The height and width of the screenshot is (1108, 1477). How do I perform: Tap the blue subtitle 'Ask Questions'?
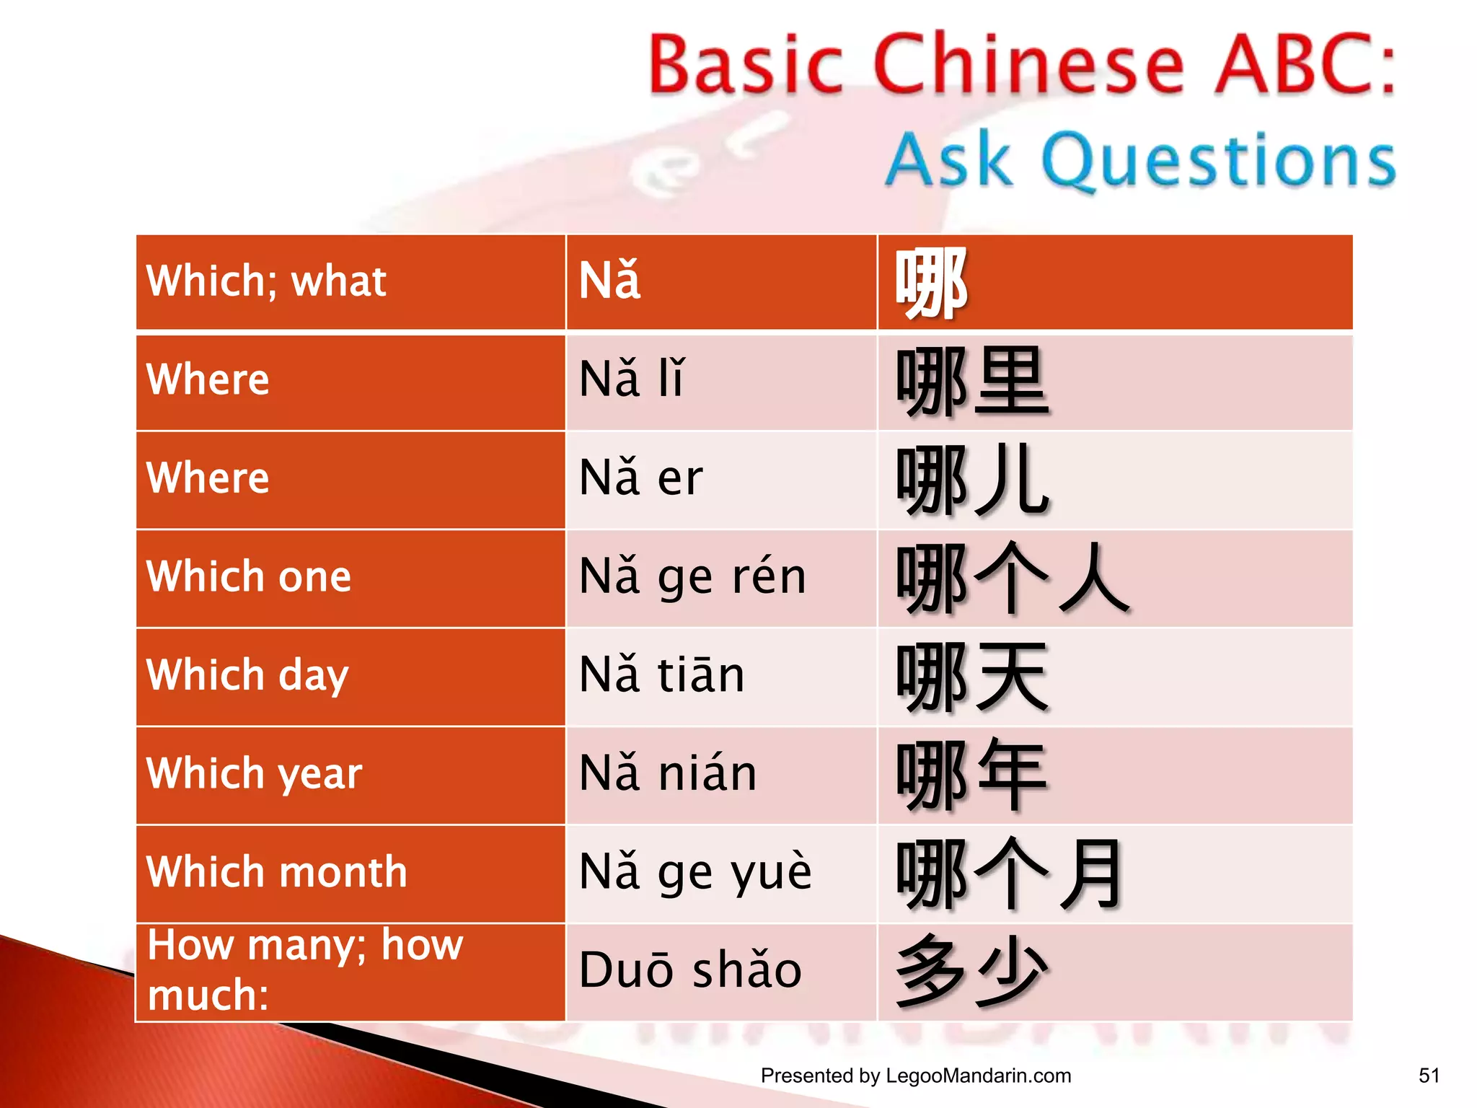1141,160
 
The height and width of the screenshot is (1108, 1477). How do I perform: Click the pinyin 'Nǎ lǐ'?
631,379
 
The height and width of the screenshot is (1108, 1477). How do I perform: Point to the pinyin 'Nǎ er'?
640,478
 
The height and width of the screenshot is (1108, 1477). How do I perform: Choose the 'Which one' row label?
249,576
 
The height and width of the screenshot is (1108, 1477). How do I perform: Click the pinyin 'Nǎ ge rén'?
692,577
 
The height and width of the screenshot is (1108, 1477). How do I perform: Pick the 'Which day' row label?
247,675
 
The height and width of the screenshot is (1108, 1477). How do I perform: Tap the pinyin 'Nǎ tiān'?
661,675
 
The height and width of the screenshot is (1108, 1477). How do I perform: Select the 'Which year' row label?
254,774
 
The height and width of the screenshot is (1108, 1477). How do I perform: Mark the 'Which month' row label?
277,872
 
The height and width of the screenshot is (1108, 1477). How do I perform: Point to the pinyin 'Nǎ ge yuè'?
695,872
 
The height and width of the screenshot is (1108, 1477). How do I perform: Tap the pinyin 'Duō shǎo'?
690,970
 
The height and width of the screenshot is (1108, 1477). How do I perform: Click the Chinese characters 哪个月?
1010,874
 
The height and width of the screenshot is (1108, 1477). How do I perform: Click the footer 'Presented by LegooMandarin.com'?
915,1076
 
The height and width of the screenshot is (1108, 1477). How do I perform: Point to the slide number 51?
1429,1076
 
